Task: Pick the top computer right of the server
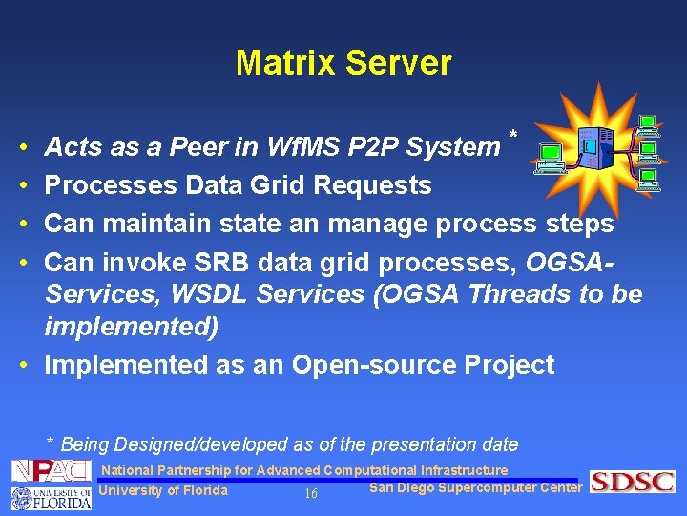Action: pyautogui.click(x=649, y=125)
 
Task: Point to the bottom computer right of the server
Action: pyautogui.click(x=649, y=180)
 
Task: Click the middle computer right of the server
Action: pyautogui.click(x=649, y=152)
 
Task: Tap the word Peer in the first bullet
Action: pyautogui.click(x=202, y=147)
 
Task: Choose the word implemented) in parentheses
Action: pyautogui.click(x=132, y=328)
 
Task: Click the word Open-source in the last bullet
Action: pyautogui.click(x=382, y=365)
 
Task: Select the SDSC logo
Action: pyautogui.click(x=632, y=482)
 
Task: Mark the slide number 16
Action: pyautogui.click(x=310, y=493)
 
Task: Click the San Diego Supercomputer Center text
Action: pyautogui.click(x=475, y=487)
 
